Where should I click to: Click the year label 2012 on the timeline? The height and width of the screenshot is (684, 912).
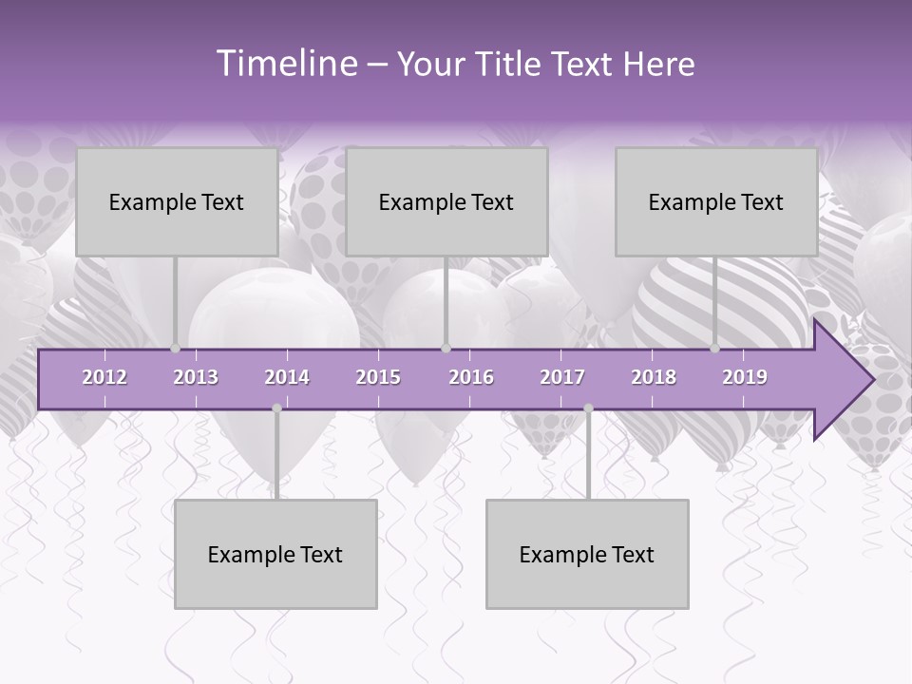[104, 377]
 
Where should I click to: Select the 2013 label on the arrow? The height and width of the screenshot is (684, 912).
[196, 377]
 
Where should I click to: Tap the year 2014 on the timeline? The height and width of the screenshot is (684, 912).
[287, 377]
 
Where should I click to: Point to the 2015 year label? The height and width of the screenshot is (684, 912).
[378, 377]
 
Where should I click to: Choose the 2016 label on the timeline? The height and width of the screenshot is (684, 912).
[471, 377]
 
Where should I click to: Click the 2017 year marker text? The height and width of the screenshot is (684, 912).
[562, 377]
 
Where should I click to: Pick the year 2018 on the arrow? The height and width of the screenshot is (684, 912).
[654, 377]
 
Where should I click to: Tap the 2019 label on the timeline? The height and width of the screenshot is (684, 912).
[745, 377]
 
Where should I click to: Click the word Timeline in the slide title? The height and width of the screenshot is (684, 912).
[285, 64]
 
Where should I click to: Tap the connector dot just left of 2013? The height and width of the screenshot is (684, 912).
[176, 349]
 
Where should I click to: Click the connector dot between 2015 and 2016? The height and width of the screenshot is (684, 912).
[446, 349]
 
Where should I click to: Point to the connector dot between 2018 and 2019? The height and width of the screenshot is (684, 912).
[715, 349]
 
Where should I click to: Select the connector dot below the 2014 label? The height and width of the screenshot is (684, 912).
[276, 408]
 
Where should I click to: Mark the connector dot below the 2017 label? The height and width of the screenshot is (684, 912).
[588, 408]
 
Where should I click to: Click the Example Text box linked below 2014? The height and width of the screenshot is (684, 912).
[275, 554]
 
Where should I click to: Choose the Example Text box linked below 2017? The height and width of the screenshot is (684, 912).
[587, 554]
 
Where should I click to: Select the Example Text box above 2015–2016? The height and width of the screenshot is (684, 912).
[446, 201]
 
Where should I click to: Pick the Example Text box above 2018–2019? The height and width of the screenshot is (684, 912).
[716, 201]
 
